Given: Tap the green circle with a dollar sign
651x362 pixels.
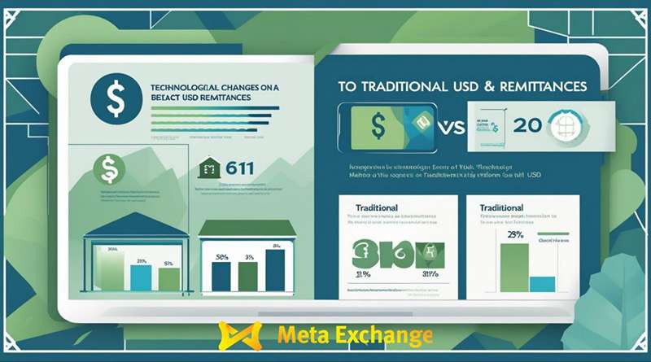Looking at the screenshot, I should (x=108, y=170).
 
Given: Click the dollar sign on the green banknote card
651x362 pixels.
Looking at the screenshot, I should (x=378, y=125).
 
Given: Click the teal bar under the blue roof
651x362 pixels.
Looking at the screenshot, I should (x=142, y=277).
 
